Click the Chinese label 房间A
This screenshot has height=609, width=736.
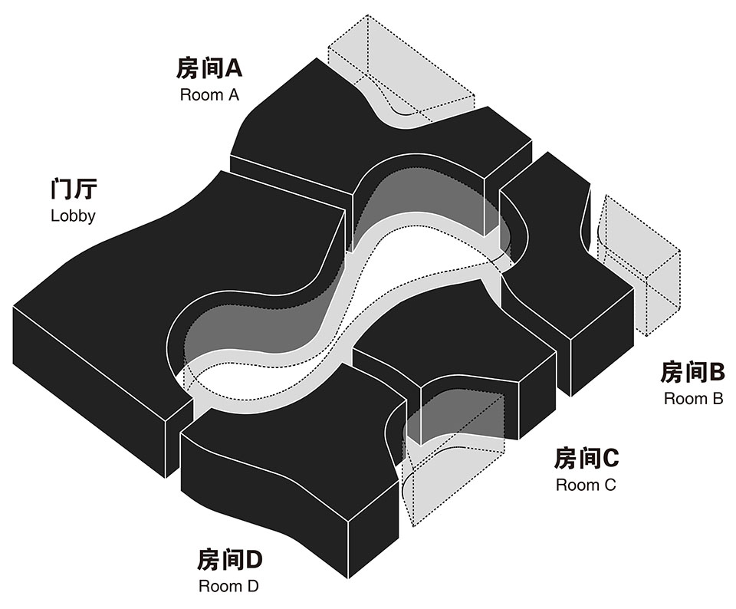(x=209, y=68)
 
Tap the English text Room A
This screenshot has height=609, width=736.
(x=209, y=95)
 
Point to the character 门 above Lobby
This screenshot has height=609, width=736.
(x=61, y=189)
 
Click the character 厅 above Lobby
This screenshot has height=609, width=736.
(x=86, y=189)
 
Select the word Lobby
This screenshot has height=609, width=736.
(x=74, y=216)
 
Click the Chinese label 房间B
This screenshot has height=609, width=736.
(x=693, y=372)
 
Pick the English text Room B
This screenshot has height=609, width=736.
(x=693, y=399)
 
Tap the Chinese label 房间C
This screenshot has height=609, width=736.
(x=586, y=458)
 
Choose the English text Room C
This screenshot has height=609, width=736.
(x=586, y=485)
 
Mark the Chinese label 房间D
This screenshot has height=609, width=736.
(x=229, y=559)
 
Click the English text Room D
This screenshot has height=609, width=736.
(x=228, y=586)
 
